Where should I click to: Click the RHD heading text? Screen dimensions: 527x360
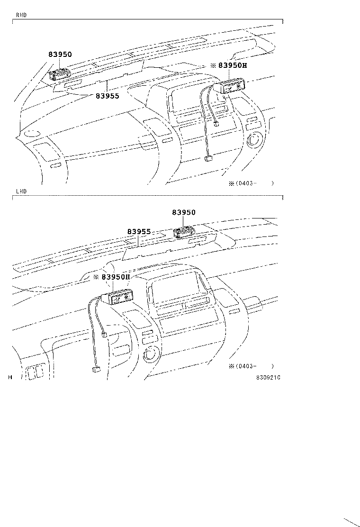[22, 15]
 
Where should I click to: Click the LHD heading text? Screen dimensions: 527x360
[22, 191]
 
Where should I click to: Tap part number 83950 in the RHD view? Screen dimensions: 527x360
[60, 55]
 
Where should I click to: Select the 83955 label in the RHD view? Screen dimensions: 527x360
[108, 96]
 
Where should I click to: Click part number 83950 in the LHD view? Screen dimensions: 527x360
[183, 213]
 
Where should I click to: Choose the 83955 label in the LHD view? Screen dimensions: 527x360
[139, 232]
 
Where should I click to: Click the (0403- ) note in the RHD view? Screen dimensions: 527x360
[251, 183]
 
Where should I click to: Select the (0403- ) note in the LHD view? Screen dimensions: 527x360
[251, 366]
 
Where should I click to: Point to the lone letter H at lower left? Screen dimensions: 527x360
[10, 377]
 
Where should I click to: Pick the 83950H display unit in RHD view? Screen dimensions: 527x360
[231, 87]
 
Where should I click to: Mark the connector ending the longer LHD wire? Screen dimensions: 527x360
[95, 371]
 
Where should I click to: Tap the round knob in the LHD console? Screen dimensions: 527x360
[153, 354]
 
